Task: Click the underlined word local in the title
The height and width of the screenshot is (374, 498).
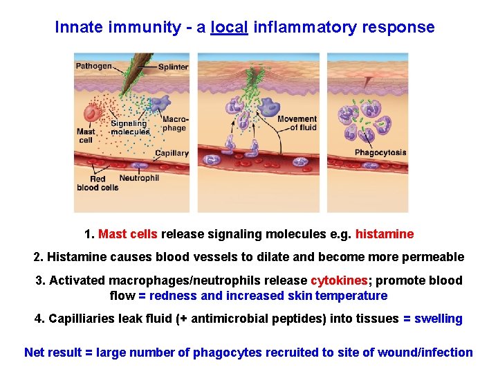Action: click(230, 28)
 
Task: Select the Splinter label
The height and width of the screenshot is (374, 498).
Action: click(173, 67)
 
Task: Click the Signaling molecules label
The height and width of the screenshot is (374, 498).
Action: click(129, 127)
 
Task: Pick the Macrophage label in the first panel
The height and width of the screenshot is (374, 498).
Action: click(174, 123)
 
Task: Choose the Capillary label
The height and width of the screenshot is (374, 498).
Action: click(172, 153)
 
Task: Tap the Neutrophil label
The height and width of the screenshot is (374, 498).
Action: click(139, 178)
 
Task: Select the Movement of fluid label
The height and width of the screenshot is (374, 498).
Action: click(297, 123)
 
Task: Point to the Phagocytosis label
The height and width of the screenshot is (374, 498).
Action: click(380, 152)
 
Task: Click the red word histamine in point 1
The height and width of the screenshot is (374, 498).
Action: click(385, 234)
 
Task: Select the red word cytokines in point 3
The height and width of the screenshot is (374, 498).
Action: click(339, 280)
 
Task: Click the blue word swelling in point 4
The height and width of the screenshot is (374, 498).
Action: click(438, 319)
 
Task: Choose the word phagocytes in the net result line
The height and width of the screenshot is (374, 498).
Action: click(228, 353)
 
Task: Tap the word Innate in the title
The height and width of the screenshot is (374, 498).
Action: click(77, 28)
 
